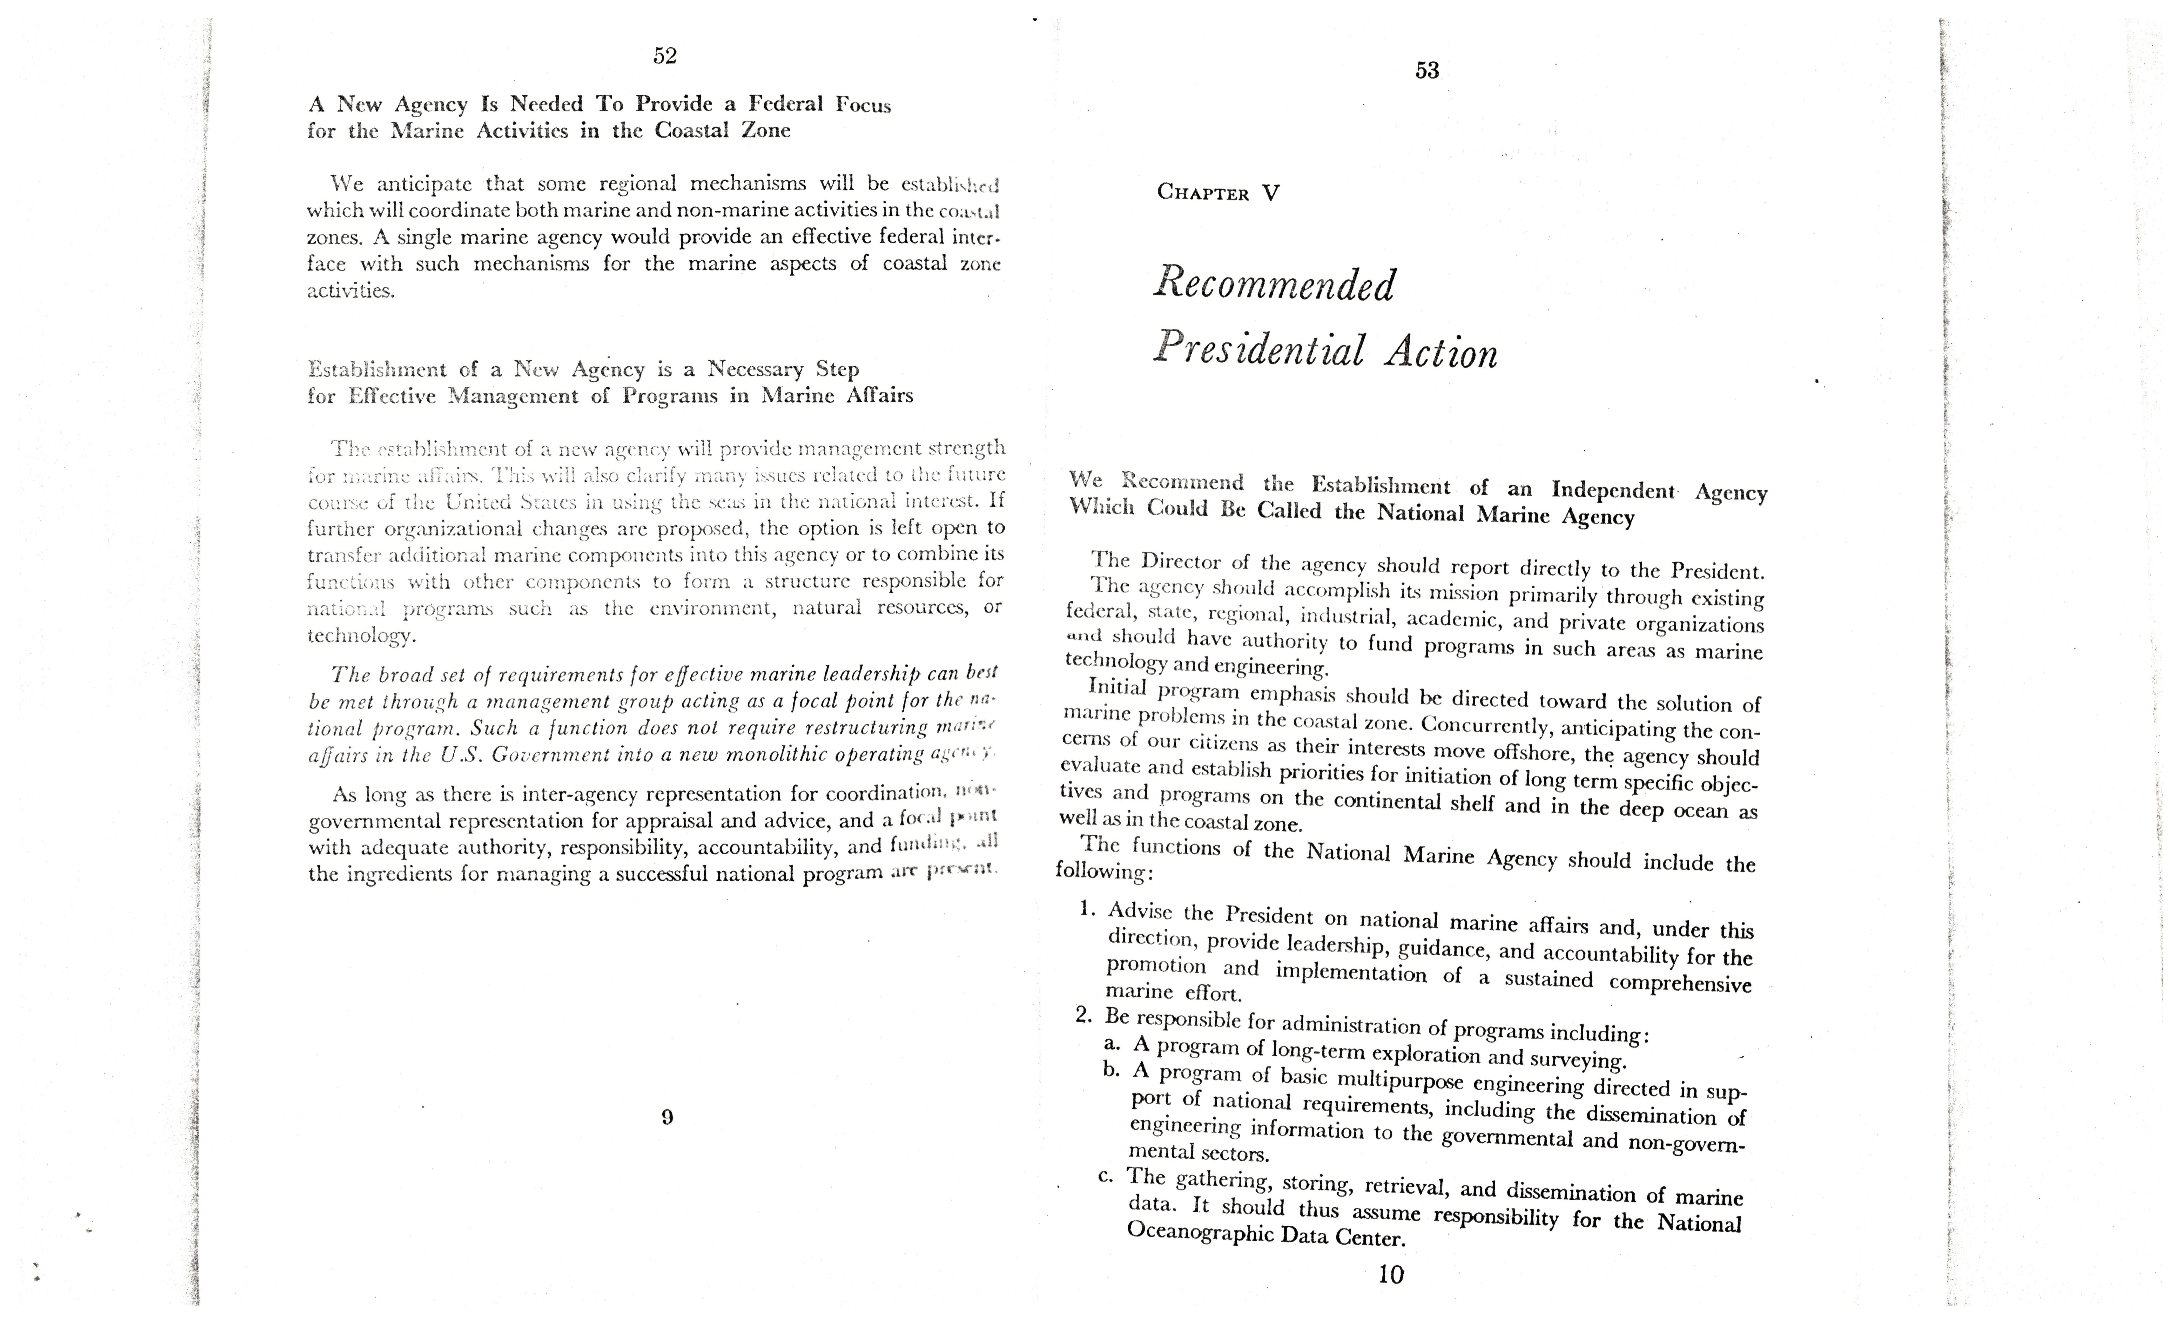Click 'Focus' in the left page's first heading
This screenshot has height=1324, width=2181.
coord(863,105)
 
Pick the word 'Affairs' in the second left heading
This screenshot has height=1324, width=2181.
coord(879,396)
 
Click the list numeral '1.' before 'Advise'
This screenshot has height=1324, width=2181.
coord(1089,909)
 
